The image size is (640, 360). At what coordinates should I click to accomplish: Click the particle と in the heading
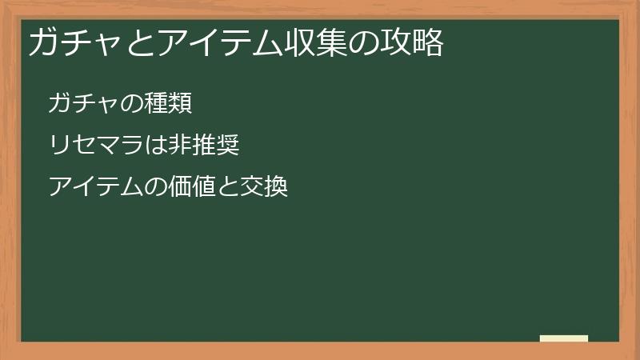pyautogui.click(x=141, y=43)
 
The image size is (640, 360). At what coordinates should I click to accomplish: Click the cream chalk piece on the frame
pyautogui.click(x=564, y=338)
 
